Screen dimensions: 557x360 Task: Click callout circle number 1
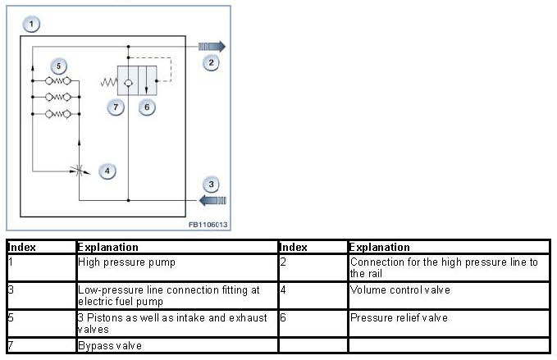[30, 25]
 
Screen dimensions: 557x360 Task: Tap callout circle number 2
[212, 62]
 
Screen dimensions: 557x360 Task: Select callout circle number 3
[212, 184]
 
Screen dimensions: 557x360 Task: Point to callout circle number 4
[107, 171]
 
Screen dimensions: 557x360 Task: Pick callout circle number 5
[57, 66]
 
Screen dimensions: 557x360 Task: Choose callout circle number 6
[147, 107]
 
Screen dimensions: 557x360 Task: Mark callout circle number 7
[117, 107]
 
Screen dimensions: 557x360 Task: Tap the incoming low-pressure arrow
[212, 199]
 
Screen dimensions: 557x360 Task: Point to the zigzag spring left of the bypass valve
[108, 82]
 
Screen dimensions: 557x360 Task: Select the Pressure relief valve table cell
[387, 317]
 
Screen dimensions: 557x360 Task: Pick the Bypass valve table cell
[106, 346]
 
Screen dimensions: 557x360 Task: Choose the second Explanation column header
[379, 247]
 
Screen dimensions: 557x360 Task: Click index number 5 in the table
[11, 317]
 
